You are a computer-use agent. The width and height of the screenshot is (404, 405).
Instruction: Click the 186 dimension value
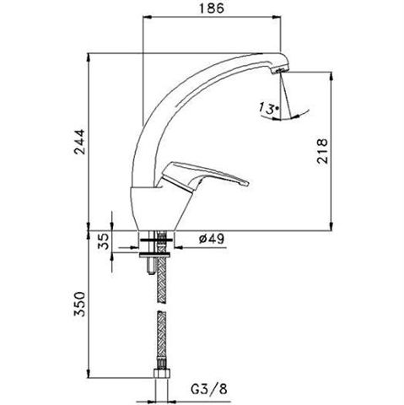[212, 8]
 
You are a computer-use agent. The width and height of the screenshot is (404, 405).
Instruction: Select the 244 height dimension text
[79, 142]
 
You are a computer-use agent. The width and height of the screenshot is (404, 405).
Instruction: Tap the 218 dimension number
[322, 151]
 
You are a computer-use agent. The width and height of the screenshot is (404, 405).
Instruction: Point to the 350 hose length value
[79, 305]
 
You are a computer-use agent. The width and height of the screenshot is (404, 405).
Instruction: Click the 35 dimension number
[103, 241]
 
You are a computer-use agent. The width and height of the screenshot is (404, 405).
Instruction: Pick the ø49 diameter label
[211, 239]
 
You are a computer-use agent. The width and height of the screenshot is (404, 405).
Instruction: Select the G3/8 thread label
[209, 389]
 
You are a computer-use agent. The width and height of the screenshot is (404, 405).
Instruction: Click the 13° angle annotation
[268, 108]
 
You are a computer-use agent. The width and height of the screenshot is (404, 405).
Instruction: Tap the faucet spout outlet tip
[281, 71]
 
